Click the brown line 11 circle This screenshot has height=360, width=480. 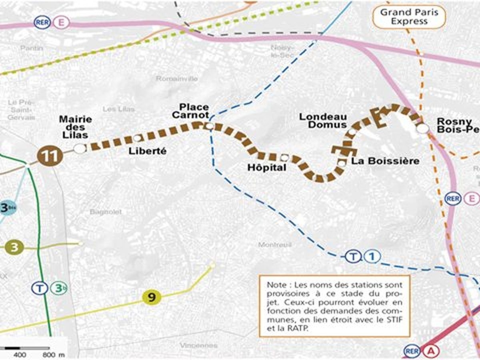[x=50, y=156]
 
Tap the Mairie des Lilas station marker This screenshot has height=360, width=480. [x=80, y=148]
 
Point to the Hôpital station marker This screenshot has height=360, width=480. [x=284, y=157]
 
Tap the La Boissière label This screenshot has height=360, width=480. [x=386, y=161]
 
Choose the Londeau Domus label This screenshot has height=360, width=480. [x=323, y=120]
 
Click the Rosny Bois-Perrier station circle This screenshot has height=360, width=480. [x=422, y=128]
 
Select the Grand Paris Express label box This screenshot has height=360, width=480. [x=409, y=16]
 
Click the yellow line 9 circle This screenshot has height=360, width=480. [x=152, y=297]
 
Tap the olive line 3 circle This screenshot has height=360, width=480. [x=14, y=247]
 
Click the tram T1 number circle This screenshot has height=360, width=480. [x=372, y=256]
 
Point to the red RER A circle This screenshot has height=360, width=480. [x=431, y=351]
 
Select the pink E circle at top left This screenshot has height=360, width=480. [x=61, y=22]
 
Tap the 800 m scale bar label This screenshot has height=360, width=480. [x=53, y=355]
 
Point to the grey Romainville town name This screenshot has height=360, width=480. [x=176, y=78]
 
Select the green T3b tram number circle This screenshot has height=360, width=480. [x=59, y=288]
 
